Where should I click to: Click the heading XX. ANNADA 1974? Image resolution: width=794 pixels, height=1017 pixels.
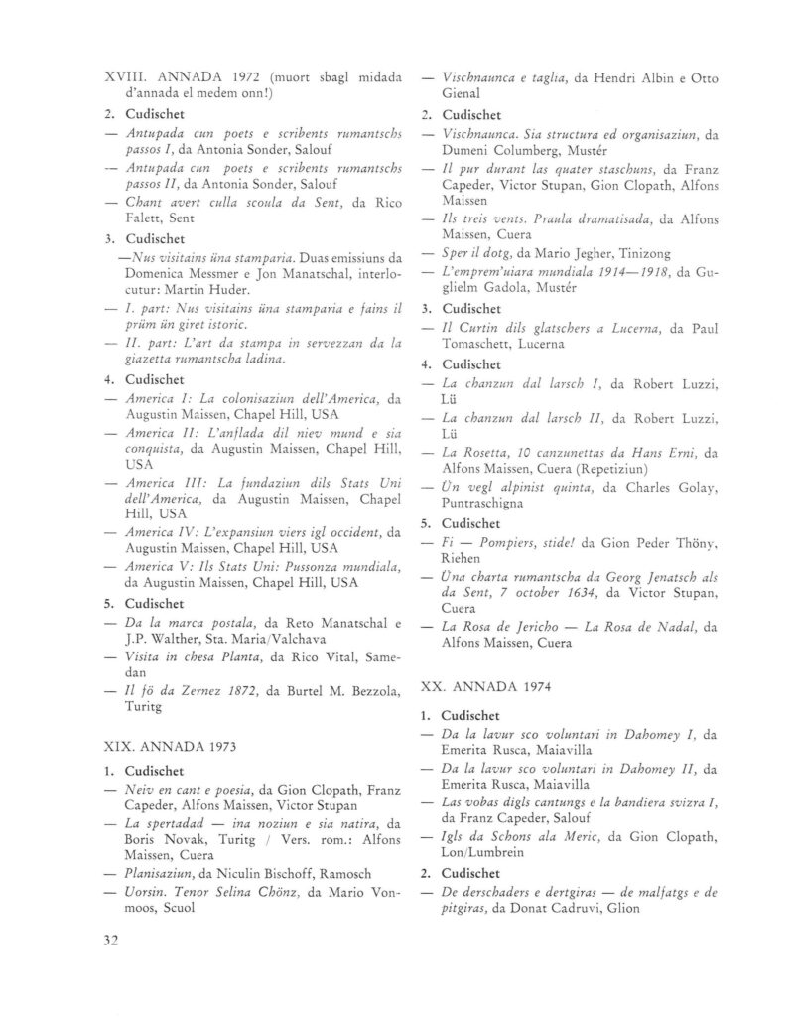tap(485, 685)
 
